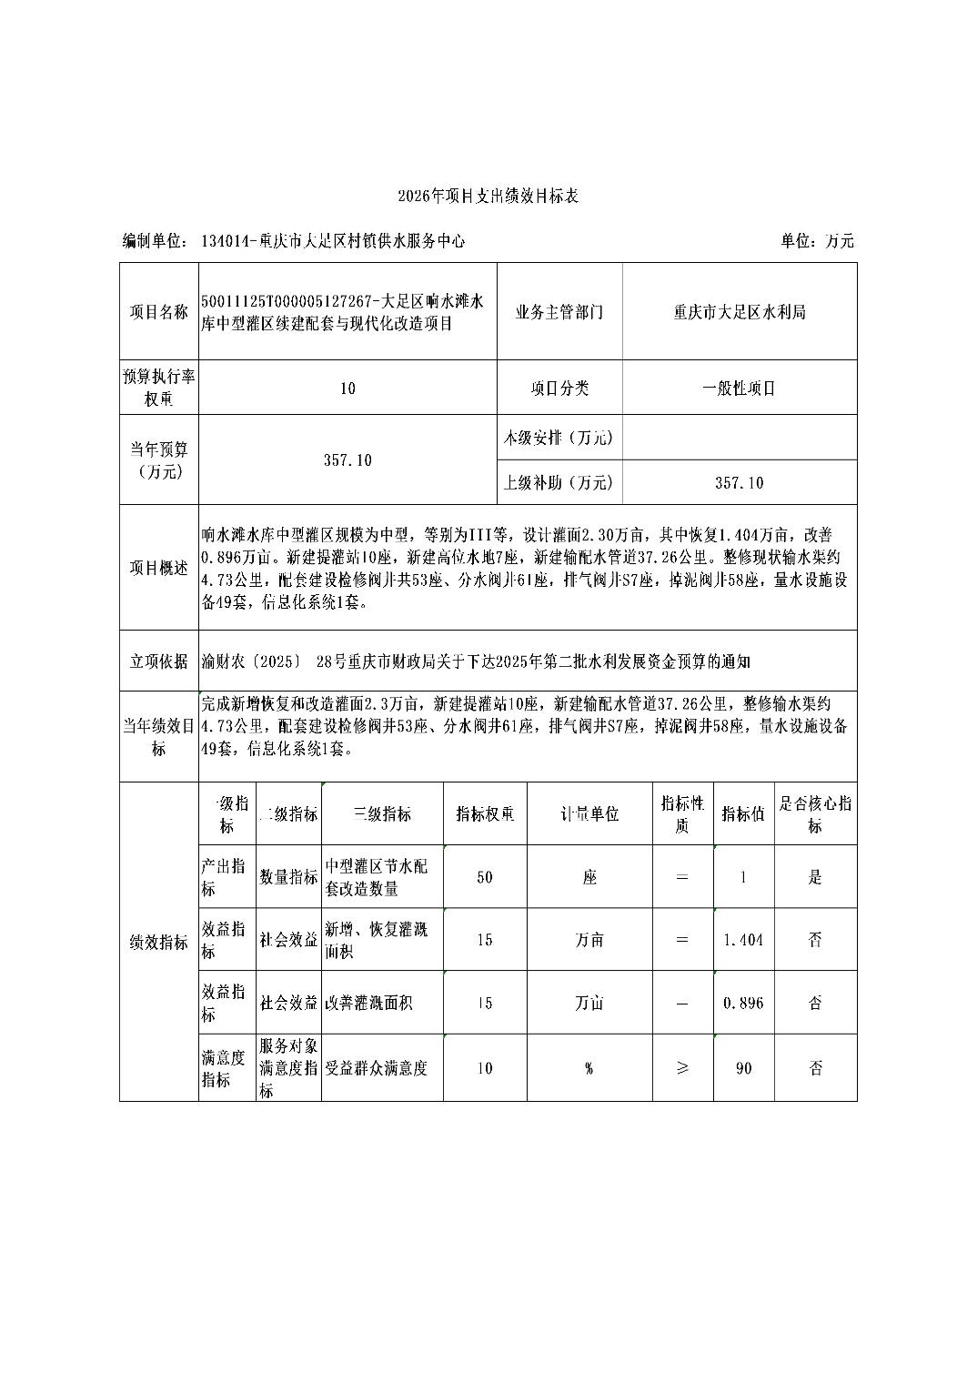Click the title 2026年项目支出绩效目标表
point(488,196)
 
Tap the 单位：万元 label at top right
point(817,241)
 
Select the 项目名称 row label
point(159,312)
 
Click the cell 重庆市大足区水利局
point(739,312)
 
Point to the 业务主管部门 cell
point(559,312)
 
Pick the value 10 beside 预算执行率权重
point(347,389)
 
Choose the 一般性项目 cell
point(739,389)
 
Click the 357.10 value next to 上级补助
point(739,483)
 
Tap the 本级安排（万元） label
point(559,438)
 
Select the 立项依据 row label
point(159,661)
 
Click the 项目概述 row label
point(159,568)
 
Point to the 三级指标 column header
point(382,814)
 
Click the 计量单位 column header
point(589,814)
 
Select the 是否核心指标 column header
point(815,814)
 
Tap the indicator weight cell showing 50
point(485,877)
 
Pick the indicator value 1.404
point(743,940)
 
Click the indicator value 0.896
point(743,1003)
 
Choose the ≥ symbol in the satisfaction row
point(682,1068)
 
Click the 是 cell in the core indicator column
point(815,877)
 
